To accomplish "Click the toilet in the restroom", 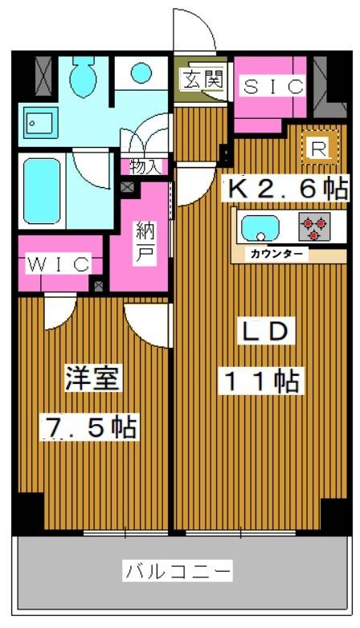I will click(83, 79).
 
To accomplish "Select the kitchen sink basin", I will click(260, 227).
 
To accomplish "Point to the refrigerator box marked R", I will click(317, 148).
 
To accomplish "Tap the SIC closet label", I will click(272, 87).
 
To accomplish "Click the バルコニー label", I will click(178, 571).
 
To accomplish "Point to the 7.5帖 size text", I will click(89, 427).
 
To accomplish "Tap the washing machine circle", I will click(141, 73).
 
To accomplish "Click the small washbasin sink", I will click(37, 123).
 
